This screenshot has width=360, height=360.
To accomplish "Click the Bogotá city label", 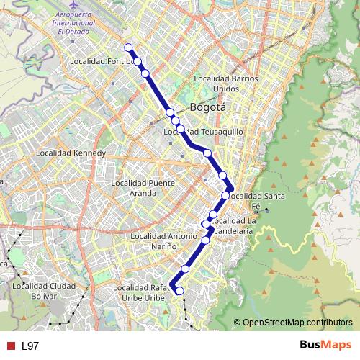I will [x=207, y=107].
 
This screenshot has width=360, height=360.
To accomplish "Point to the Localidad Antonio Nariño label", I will [x=163, y=241].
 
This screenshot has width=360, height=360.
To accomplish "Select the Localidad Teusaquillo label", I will [x=204, y=132].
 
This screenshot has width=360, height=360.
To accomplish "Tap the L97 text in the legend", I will [x=30, y=346].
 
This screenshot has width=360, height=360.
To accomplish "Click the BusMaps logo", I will [x=325, y=345].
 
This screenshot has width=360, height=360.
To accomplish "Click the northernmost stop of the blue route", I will [x=129, y=48].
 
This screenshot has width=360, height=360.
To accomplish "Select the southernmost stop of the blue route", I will [x=180, y=291].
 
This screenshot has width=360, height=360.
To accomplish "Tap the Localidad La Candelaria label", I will [x=234, y=225].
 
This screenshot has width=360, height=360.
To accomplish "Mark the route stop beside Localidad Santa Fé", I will [x=226, y=195].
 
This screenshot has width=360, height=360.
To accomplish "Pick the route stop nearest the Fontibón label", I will [x=137, y=61].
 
